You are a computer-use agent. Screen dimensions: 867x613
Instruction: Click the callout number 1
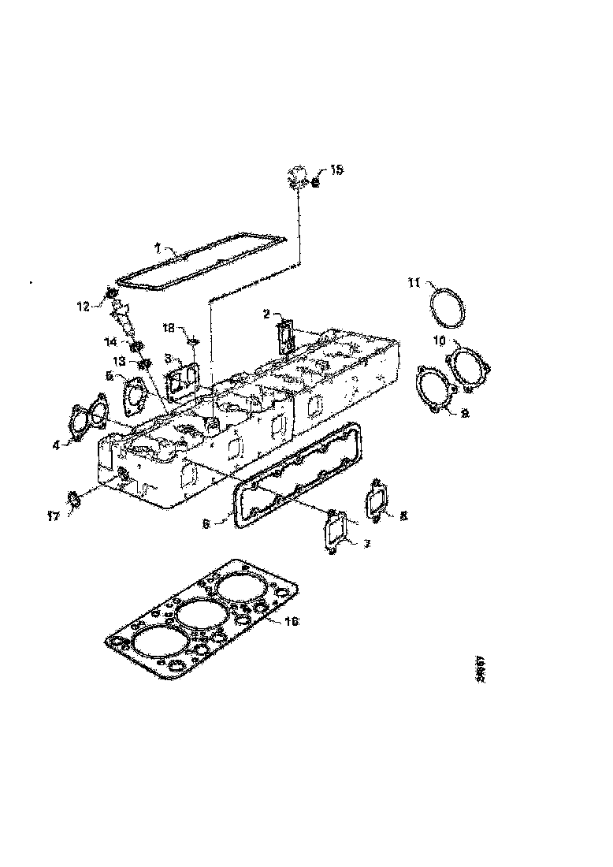tap(157, 247)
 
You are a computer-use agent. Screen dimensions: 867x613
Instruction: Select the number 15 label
tap(336, 169)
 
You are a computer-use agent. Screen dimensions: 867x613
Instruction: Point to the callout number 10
tap(440, 340)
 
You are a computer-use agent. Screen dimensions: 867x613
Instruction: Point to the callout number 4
tap(56, 445)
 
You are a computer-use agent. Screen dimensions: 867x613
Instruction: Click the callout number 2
tap(267, 314)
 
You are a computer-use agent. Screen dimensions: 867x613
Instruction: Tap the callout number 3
tap(168, 357)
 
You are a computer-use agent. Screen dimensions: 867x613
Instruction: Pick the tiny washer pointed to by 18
tap(191, 341)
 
